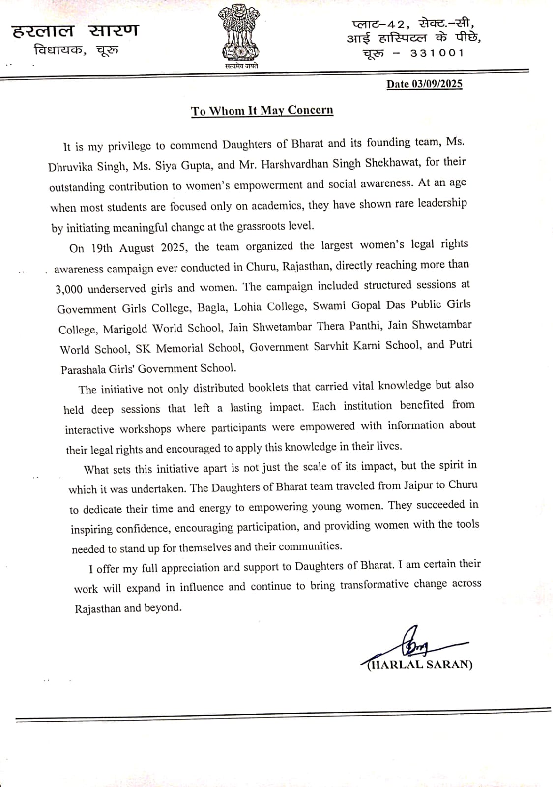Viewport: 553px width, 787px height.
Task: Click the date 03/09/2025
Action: [437, 84]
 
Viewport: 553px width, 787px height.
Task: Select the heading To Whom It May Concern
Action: [262, 110]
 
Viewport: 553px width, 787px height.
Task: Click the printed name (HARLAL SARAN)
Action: [420, 665]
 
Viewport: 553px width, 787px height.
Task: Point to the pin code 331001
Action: [437, 53]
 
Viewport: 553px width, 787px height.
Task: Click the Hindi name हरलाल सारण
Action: [75, 30]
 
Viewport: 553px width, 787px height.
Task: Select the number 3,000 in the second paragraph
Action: [69, 289]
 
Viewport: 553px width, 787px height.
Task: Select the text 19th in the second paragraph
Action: [102, 248]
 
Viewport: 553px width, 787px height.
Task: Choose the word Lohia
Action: [248, 307]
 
